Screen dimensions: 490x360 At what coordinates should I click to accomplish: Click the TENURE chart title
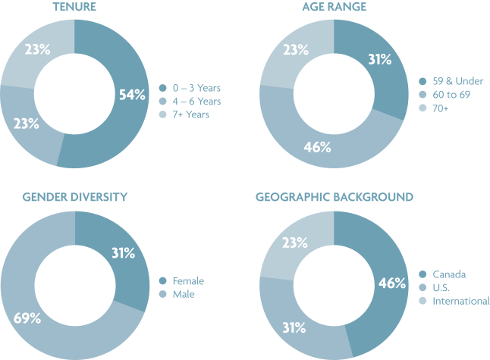click(74, 7)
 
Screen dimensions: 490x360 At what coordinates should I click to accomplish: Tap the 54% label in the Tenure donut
click(132, 95)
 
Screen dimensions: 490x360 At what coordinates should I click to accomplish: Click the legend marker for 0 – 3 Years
click(163, 88)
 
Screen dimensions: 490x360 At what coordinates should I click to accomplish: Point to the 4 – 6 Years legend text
click(197, 101)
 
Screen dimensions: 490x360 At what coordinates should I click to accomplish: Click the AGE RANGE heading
click(334, 7)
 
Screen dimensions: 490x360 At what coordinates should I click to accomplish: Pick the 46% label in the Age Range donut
click(317, 147)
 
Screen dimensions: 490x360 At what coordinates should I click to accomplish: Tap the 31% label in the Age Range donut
click(380, 59)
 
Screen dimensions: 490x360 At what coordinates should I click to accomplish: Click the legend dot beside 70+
click(422, 108)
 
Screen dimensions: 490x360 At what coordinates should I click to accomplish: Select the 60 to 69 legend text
click(451, 95)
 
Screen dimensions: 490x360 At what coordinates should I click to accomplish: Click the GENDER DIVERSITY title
click(75, 197)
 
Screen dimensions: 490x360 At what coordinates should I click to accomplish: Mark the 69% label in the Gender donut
click(27, 318)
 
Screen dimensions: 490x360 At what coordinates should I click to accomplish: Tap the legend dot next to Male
click(163, 294)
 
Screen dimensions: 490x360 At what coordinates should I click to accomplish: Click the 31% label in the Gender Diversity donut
click(124, 253)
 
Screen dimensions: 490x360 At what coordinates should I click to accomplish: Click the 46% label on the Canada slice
click(392, 283)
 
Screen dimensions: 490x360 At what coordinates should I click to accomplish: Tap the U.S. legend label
click(441, 287)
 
